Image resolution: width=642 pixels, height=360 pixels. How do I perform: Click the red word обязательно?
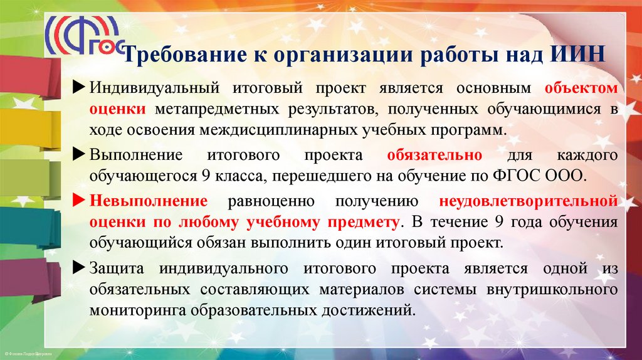(434, 155)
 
